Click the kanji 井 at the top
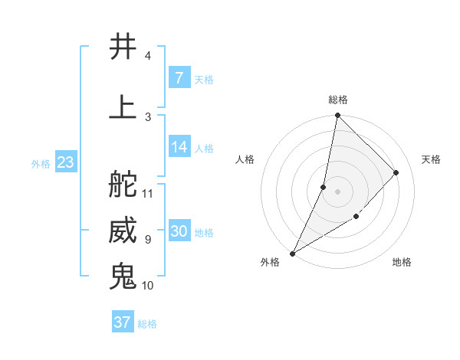[123, 47]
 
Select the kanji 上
[123, 106]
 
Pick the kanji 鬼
[123, 277]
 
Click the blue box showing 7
[179, 77]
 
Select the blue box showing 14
[179, 147]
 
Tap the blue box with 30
[179, 231]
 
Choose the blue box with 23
[65, 162]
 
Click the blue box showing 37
[123, 322]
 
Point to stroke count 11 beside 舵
[148, 193]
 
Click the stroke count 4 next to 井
[147, 56]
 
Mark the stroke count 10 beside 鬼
[148, 286]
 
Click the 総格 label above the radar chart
[337, 100]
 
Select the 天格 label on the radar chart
[431, 159]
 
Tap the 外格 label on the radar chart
[270, 262]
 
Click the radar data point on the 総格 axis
[337, 115]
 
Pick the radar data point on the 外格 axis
[292, 253]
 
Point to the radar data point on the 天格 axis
[396, 172]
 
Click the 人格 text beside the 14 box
[204, 148]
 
